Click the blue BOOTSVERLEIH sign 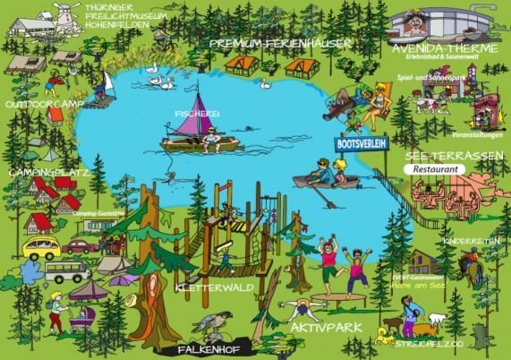point(362,142)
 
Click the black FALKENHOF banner point(208,349)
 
